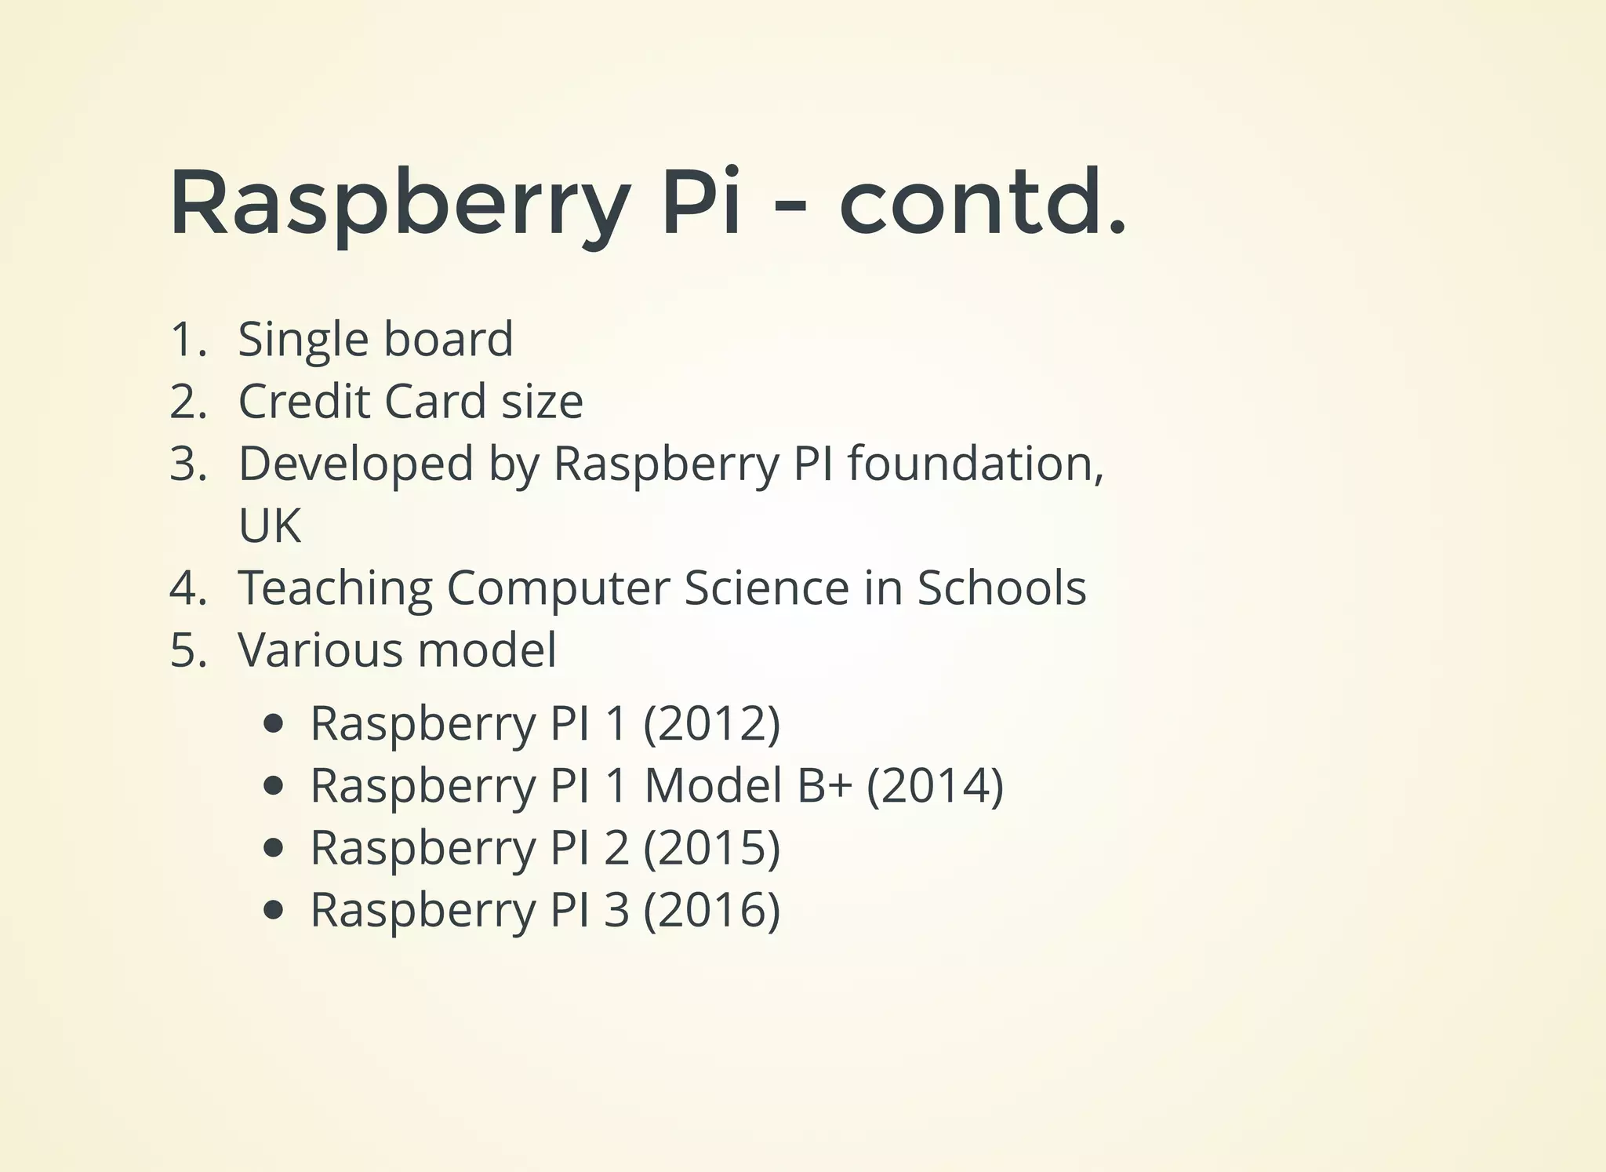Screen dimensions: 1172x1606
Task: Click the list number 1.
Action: (187, 340)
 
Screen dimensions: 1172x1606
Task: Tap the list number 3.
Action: (187, 464)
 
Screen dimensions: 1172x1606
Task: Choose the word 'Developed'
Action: (356, 464)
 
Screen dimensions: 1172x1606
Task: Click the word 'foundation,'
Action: (976, 464)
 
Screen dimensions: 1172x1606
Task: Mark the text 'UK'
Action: (270, 526)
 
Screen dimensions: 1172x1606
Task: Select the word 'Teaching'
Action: (335, 588)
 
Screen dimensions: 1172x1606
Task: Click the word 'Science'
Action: (766, 588)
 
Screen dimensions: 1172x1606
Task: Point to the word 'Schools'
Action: (1001, 588)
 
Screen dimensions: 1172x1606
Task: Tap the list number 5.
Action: (187, 650)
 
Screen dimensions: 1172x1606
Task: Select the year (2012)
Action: (711, 722)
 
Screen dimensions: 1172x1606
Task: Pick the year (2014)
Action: (935, 785)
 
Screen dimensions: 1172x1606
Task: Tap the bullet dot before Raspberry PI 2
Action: (273, 848)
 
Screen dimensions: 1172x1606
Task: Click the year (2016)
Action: (711, 910)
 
